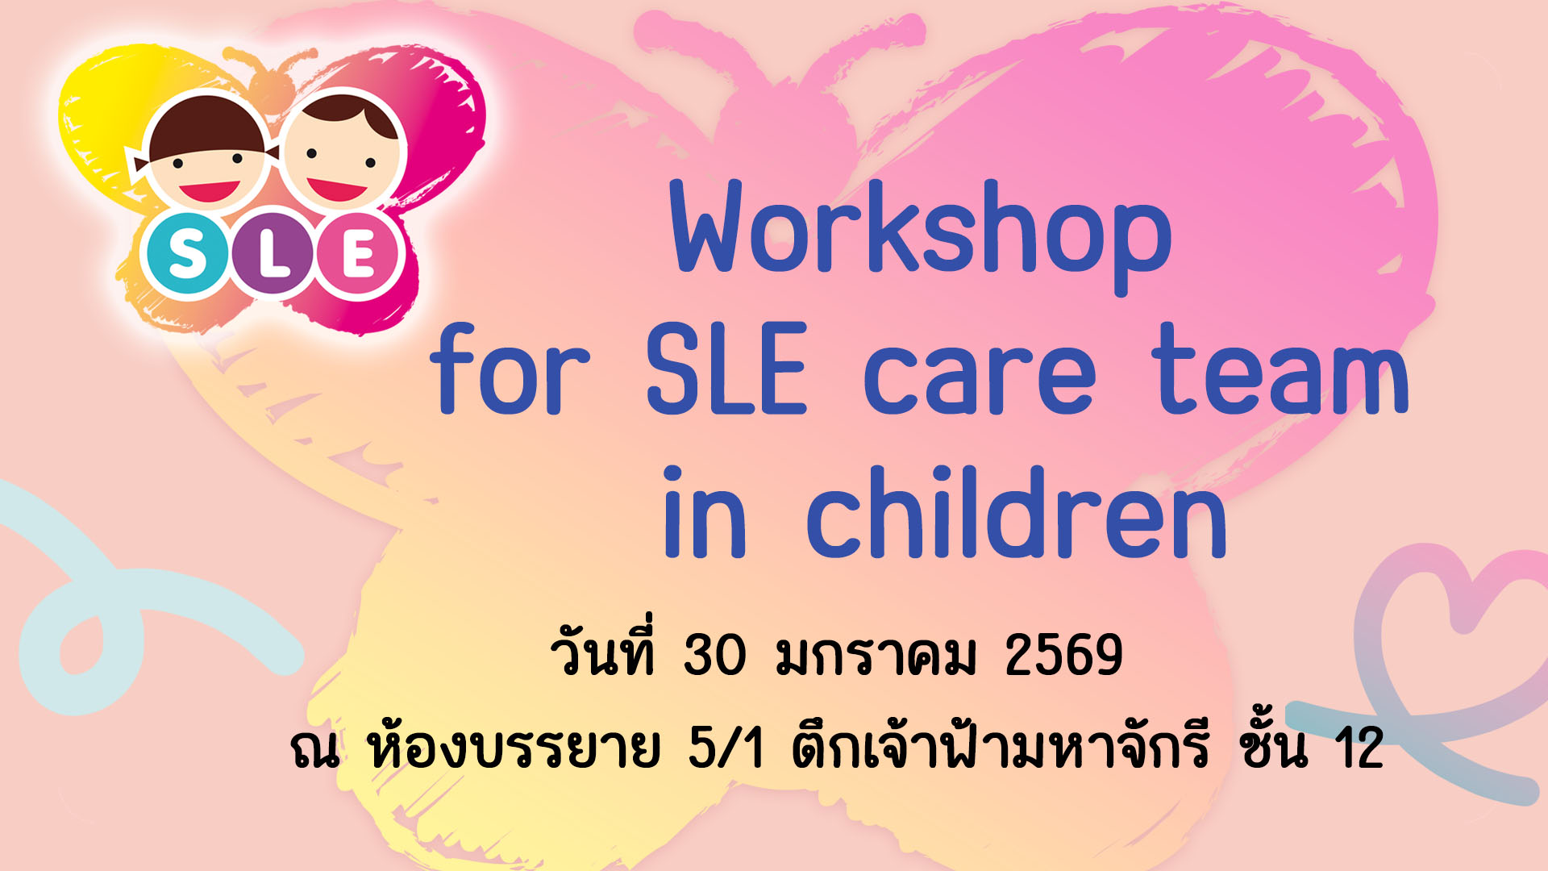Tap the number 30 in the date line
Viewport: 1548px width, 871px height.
[x=714, y=654]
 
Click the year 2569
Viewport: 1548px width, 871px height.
[x=1063, y=654]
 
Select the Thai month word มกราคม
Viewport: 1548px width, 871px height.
[x=876, y=656]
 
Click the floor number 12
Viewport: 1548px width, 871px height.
[x=1359, y=748]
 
